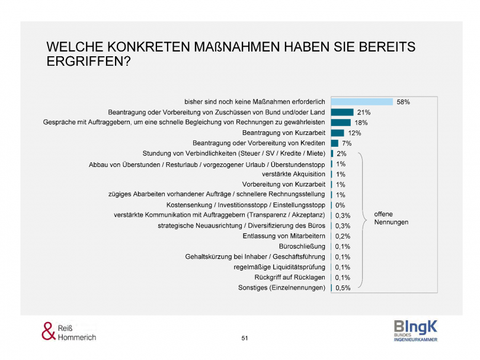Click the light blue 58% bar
pos(361,102)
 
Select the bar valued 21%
pos(342,112)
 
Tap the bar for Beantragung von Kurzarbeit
pos(337,133)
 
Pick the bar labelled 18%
pos(341,123)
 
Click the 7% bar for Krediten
pos(334,143)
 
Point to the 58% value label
pos(403,102)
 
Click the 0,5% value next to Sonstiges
pos(343,288)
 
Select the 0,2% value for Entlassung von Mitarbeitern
pos(343,236)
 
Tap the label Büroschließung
pos(302,246)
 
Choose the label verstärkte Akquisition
pos(293,174)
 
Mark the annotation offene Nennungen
pos(391,218)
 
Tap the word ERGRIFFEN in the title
pos(88,61)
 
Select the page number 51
pos(245,337)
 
